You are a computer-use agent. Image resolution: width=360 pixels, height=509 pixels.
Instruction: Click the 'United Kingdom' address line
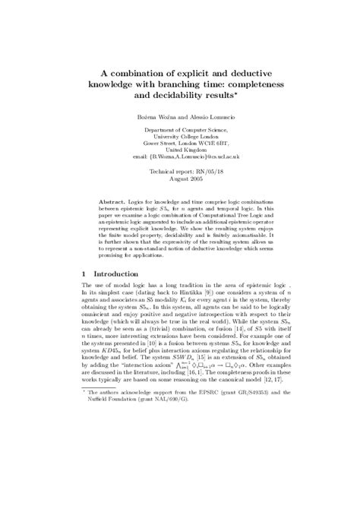(179, 156)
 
